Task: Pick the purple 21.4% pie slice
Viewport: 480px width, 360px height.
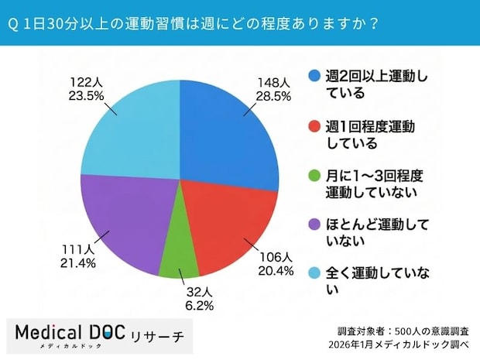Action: (x=124, y=221)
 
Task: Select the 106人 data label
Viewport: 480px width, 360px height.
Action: (x=276, y=257)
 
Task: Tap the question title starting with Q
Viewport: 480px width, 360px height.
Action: (x=194, y=23)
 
